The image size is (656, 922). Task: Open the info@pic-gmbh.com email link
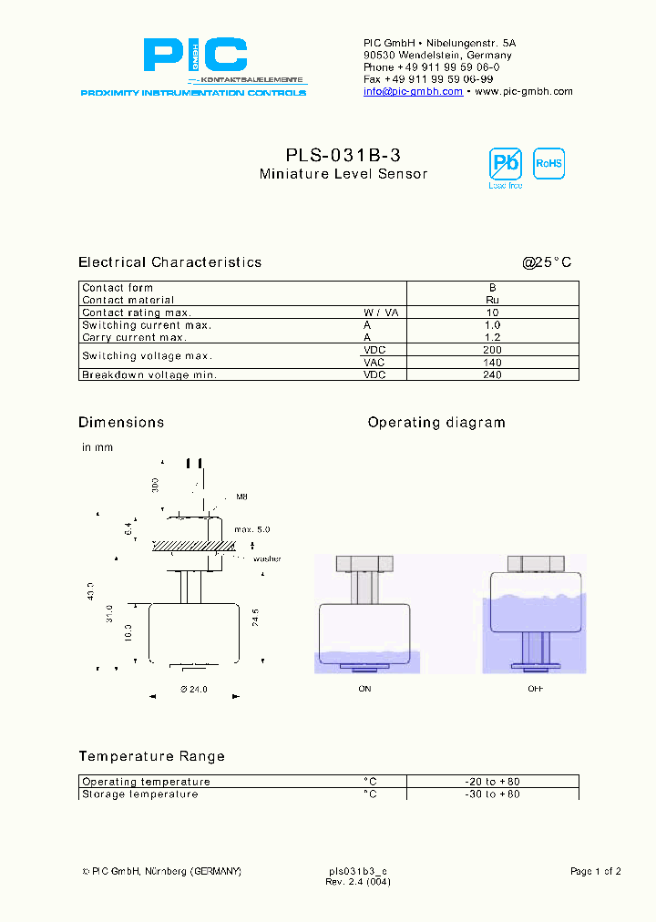pos(413,91)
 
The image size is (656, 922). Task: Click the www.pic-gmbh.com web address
pos(524,91)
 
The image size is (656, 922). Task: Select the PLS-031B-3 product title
pos(343,156)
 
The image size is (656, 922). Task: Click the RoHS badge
pos(548,164)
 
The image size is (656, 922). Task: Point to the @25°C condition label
pos(547,262)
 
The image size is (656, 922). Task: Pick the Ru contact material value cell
pos(492,300)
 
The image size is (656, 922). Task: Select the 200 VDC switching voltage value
pos(492,350)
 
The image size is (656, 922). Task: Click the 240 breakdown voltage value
pos(492,374)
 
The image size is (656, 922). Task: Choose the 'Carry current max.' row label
pos(134,337)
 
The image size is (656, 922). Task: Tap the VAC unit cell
pos(374,362)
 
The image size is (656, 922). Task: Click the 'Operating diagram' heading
pos(436,423)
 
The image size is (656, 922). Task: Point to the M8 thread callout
pos(242,497)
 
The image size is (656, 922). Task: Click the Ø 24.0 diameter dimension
pos(194,690)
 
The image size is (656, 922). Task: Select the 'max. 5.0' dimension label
pos(251,529)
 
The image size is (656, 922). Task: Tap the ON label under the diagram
pos(364,689)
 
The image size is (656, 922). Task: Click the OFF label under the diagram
pos(535,689)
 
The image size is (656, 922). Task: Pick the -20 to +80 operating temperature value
pos(492,782)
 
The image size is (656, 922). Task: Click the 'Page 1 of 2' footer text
pos(595,872)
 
